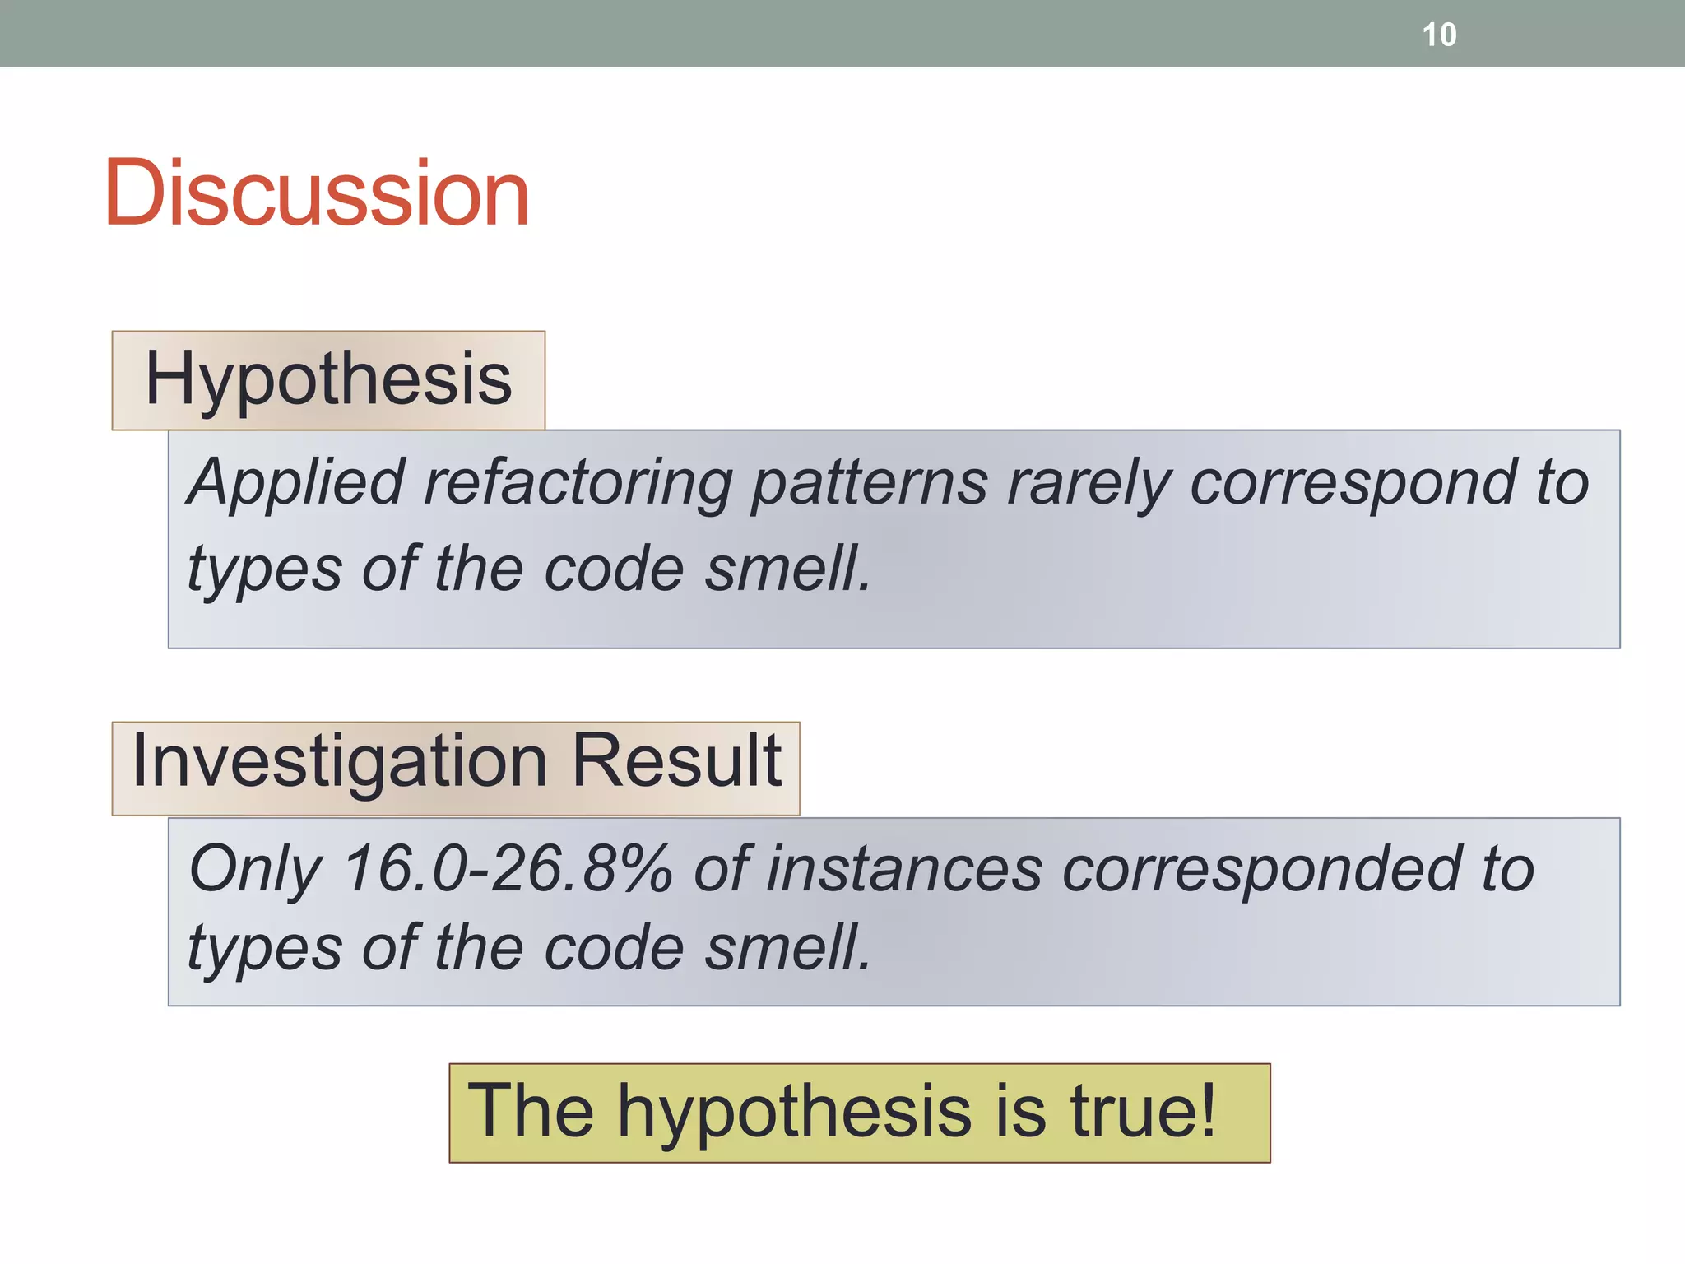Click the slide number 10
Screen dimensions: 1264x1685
click(1439, 35)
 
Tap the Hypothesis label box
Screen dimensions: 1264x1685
click(328, 379)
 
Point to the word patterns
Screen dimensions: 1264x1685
click(870, 483)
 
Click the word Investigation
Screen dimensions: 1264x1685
click(339, 761)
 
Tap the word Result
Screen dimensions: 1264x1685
click(675, 761)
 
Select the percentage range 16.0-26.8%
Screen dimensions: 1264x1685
click(508, 870)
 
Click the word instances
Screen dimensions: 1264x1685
click(904, 870)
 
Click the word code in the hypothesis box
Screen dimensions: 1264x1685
click(614, 569)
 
